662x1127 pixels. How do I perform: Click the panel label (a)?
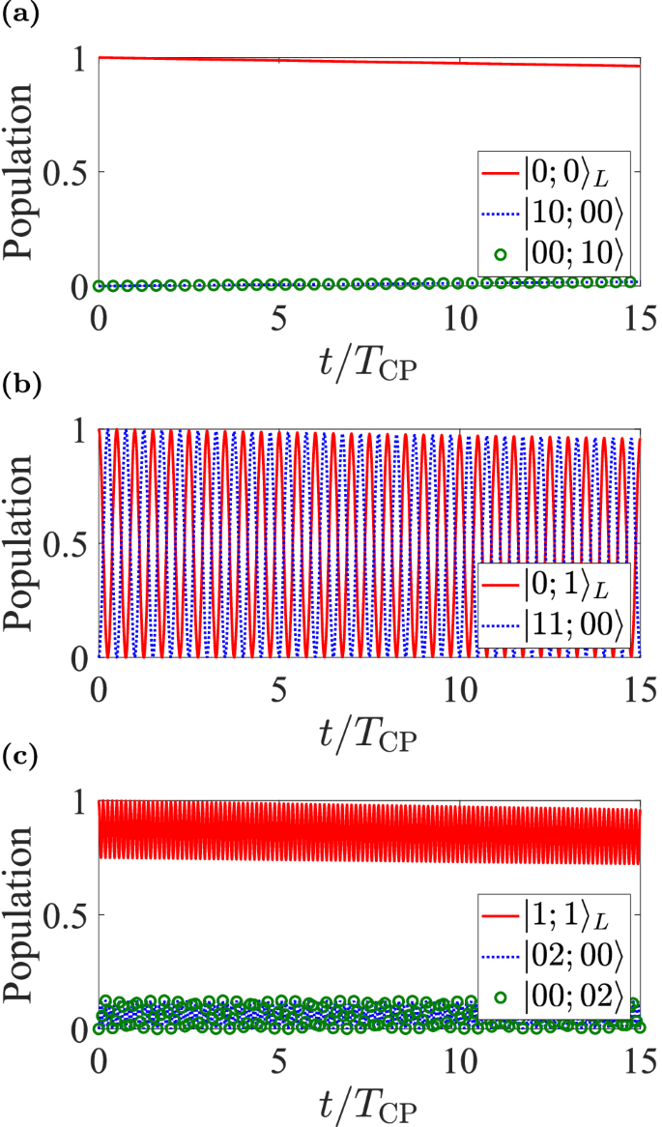[16, 13]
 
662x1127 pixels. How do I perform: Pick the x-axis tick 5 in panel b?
[278, 688]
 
